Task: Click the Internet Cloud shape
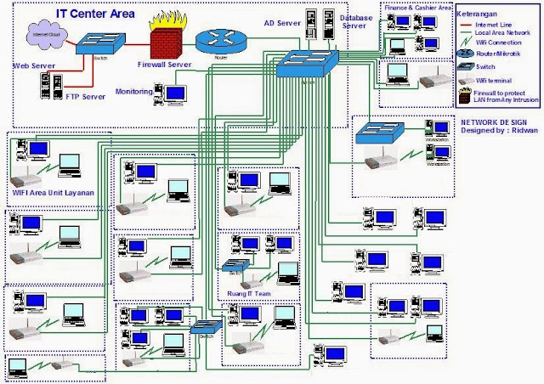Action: (38, 35)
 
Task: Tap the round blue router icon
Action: (214, 41)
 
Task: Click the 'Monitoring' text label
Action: (133, 91)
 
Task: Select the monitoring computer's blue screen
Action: (174, 93)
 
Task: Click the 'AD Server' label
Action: (282, 23)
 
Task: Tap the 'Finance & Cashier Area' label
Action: (417, 7)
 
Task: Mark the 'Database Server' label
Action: (353, 21)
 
